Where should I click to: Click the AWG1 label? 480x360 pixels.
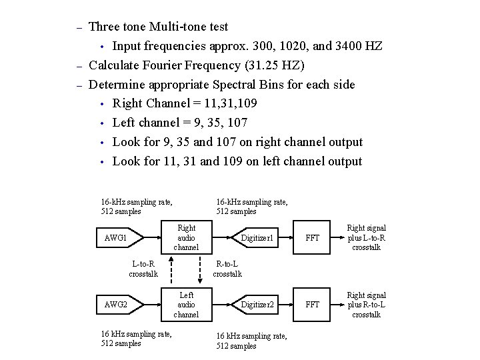click(x=116, y=238)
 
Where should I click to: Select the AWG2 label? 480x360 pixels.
click(x=116, y=305)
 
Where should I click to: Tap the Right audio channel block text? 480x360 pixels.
click(x=186, y=237)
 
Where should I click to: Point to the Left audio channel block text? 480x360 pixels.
click(x=186, y=304)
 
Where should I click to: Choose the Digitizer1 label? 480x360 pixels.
click(x=257, y=238)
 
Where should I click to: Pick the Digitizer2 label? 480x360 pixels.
click(x=257, y=305)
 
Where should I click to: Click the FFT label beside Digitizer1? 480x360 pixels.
click(x=313, y=238)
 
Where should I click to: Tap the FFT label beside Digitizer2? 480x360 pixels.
click(x=313, y=305)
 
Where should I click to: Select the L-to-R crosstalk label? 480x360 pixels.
click(x=143, y=268)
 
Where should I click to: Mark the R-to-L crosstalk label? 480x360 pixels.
click(x=227, y=268)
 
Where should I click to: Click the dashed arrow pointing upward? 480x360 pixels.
click(x=171, y=271)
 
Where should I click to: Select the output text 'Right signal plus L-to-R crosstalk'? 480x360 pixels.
click(x=366, y=237)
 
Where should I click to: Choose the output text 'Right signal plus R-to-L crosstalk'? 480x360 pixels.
click(x=366, y=305)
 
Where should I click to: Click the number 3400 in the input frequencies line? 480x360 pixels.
click(x=346, y=46)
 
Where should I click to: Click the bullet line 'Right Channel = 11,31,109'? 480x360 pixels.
click(x=185, y=103)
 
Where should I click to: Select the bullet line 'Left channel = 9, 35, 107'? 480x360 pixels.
click(x=180, y=123)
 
